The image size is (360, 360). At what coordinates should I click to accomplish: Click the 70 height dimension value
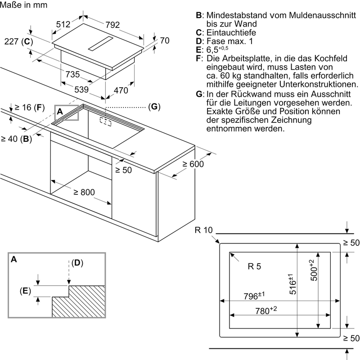[164, 41]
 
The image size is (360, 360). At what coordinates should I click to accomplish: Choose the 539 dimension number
[81, 90]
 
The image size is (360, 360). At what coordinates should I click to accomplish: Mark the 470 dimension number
[121, 90]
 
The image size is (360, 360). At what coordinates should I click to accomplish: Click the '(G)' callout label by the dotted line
[154, 107]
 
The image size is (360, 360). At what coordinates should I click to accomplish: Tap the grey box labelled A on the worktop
[67, 113]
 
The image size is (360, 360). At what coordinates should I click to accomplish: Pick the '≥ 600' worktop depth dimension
[193, 164]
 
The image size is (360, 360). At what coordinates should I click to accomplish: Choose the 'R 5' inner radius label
[254, 266]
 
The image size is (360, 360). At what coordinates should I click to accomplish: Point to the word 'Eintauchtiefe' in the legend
[232, 32]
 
